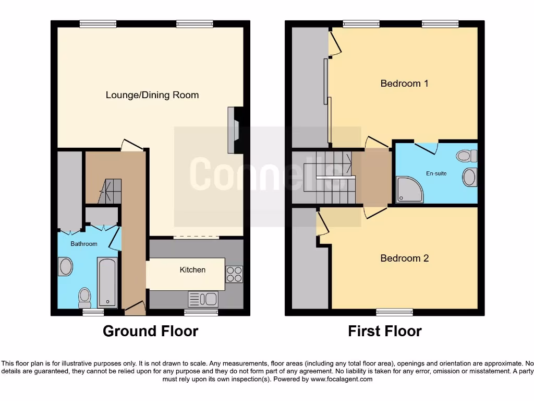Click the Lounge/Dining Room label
pyautogui.click(x=152, y=95)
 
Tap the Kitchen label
pyautogui.click(x=192, y=270)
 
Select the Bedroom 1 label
pyautogui.click(x=404, y=83)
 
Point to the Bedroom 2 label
pyautogui.click(x=404, y=258)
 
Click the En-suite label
pyautogui.click(x=436, y=173)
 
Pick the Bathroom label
pyautogui.click(x=84, y=244)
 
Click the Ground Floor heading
pyautogui.click(x=150, y=331)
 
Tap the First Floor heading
pyautogui.click(x=385, y=331)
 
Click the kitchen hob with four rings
pyautogui.click(x=234, y=274)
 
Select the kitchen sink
pyautogui.click(x=203, y=299)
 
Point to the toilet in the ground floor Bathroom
pyautogui.click(x=84, y=297)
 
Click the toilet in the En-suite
pyautogui.click(x=466, y=156)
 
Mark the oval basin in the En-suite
pyautogui.click(x=469, y=177)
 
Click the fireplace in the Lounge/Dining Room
pyautogui.click(x=233, y=131)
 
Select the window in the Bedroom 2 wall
pyautogui.click(x=395, y=312)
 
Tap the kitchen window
pyautogui.click(x=201, y=312)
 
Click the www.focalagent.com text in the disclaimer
pyautogui.click(x=343, y=379)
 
